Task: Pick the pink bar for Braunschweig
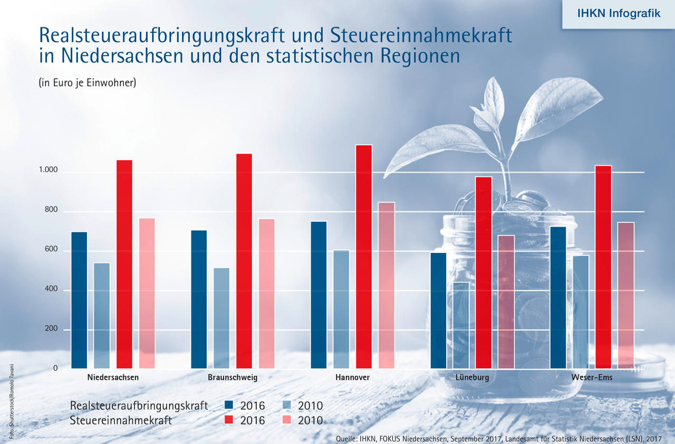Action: (266, 294)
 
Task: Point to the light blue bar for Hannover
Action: (341, 309)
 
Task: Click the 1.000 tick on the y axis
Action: (47, 171)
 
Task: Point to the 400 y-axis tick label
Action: (52, 290)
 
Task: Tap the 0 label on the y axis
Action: (55, 368)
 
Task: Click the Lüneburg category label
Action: (472, 377)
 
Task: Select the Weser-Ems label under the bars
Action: (592, 377)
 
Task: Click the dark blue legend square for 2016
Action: (228, 405)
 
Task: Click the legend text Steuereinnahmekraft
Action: (121, 420)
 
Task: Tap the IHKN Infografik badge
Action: (619, 14)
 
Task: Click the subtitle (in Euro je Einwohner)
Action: (88, 82)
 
